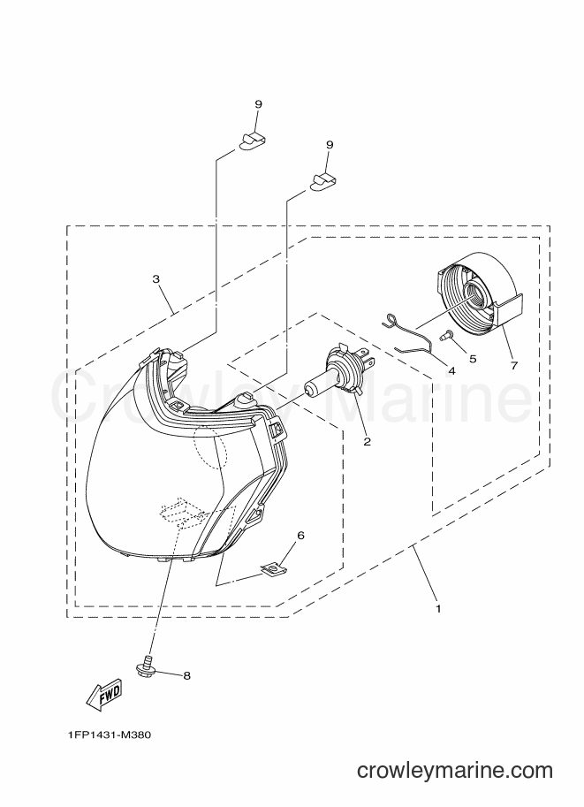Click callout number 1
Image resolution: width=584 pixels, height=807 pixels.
[438, 608]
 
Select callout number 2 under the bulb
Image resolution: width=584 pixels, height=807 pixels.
[367, 441]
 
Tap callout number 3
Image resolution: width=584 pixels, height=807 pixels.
[155, 279]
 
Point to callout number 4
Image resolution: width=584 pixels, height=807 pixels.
[451, 370]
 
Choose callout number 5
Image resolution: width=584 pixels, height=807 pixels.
[473, 358]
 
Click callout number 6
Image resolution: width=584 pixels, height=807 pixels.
[300, 536]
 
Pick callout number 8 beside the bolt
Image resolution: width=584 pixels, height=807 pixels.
[186, 675]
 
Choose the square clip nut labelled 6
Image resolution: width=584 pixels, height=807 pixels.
[269, 567]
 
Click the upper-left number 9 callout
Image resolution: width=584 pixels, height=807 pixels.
[258, 104]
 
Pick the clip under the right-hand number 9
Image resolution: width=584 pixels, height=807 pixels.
[324, 182]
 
